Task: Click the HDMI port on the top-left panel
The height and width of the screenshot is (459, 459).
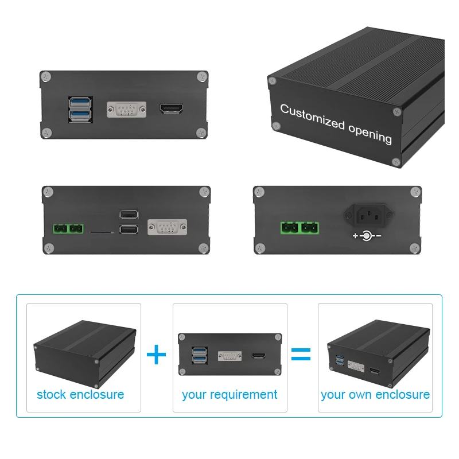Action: pyautogui.click(x=171, y=108)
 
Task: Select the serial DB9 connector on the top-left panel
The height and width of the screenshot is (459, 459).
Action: pyautogui.click(x=126, y=109)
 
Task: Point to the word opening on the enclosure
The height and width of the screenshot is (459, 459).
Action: pyautogui.click(x=370, y=132)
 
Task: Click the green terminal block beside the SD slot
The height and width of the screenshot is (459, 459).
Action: pyautogui.click(x=68, y=229)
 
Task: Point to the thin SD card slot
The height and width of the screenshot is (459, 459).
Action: pyautogui.click(x=102, y=232)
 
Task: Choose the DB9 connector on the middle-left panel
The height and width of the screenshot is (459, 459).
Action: pyautogui.click(x=167, y=228)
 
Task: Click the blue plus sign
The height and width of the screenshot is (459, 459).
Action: pyautogui.click(x=156, y=354)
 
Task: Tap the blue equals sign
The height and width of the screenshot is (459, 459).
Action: pyautogui.click(x=301, y=354)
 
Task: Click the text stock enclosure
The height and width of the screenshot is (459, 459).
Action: pyautogui.click(x=80, y=395)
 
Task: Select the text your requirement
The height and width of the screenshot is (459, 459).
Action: pyautogui.click(x=229, y=395)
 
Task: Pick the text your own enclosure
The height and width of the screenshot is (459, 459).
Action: pyautogui.click(x=375, y=395)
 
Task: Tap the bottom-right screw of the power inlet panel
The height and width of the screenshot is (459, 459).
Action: pyautogui.click(x=413, y=248)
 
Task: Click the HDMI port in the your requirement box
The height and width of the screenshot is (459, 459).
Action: pyautogui.click(x=258, y=356)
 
